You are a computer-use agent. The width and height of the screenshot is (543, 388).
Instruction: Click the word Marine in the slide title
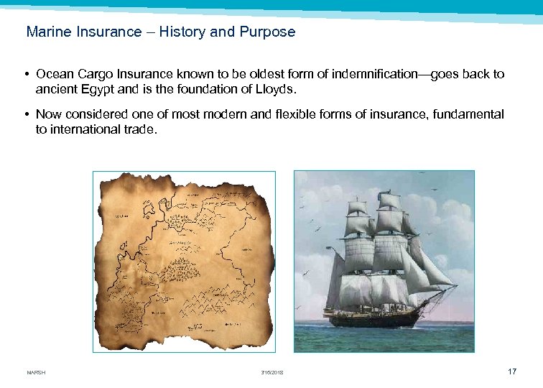pyautogui.click(x=47, y=32)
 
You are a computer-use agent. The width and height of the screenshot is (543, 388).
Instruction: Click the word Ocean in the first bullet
pyautogui.click(x=52, y=74)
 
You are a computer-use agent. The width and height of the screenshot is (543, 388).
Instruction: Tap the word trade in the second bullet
pyautogui.click(x=138, y=129)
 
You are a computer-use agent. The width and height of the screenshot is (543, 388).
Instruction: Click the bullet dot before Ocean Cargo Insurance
pyautogui.click(x=26, y=74)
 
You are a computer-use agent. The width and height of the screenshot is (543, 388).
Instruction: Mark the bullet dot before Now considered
pyautogui.click(x=26, y=114)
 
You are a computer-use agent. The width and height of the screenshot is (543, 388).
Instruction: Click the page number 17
pyautogui.click(x=512, y=371)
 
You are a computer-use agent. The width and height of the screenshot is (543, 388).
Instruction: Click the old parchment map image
pyautogui.click(x=184, y=262)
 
